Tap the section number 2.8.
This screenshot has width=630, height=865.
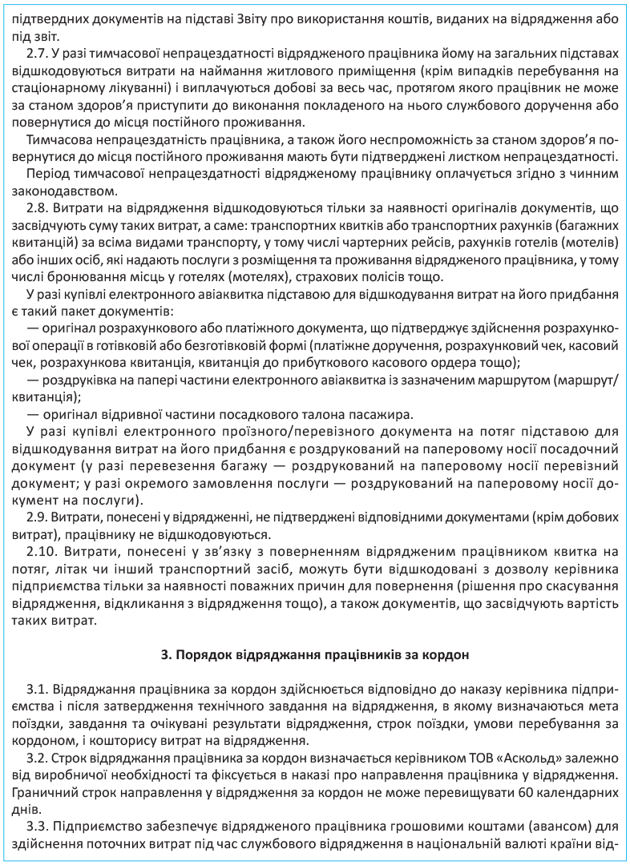click(x=37, y=208)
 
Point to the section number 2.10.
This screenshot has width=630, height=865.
click(x=41, y=553)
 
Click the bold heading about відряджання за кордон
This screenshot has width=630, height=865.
click(x=314, y=654)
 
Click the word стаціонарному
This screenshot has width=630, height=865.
click(x=56, y=88)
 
